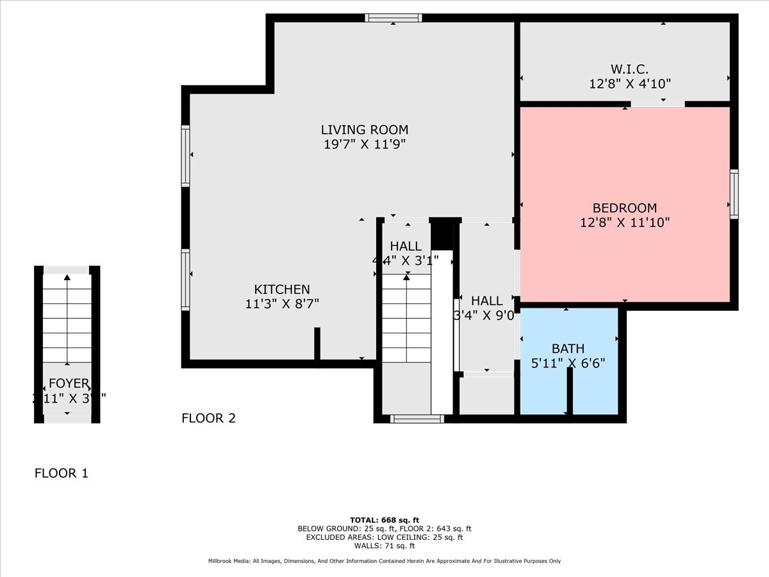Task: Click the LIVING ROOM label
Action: [x=365, y=130]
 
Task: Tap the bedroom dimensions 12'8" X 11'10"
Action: [x=625, y=222]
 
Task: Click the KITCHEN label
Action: [x=282, y=290]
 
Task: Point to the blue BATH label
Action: [x=568, y=349]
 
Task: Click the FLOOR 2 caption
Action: [x=208, y=419]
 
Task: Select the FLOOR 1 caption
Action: [x=61, y=474]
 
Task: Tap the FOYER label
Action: [x=69, y=383]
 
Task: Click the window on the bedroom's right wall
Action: [x=734, y=194]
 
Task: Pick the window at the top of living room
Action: [x=393, y=18]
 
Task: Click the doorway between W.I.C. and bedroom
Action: [x=657, y=103]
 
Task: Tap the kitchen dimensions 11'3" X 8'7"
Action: [x=282, y=304]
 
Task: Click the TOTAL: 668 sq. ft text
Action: [x=384, y=520]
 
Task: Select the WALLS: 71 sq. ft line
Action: [x=384, y=546]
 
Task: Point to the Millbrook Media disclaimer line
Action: [x=384, y=561]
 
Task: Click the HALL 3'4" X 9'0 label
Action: [x=487, y=301]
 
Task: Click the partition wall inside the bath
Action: [x=569, y=392]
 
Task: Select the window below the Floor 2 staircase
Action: [x=417, y=419]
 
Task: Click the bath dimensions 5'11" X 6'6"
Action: [x=568, y=362]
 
